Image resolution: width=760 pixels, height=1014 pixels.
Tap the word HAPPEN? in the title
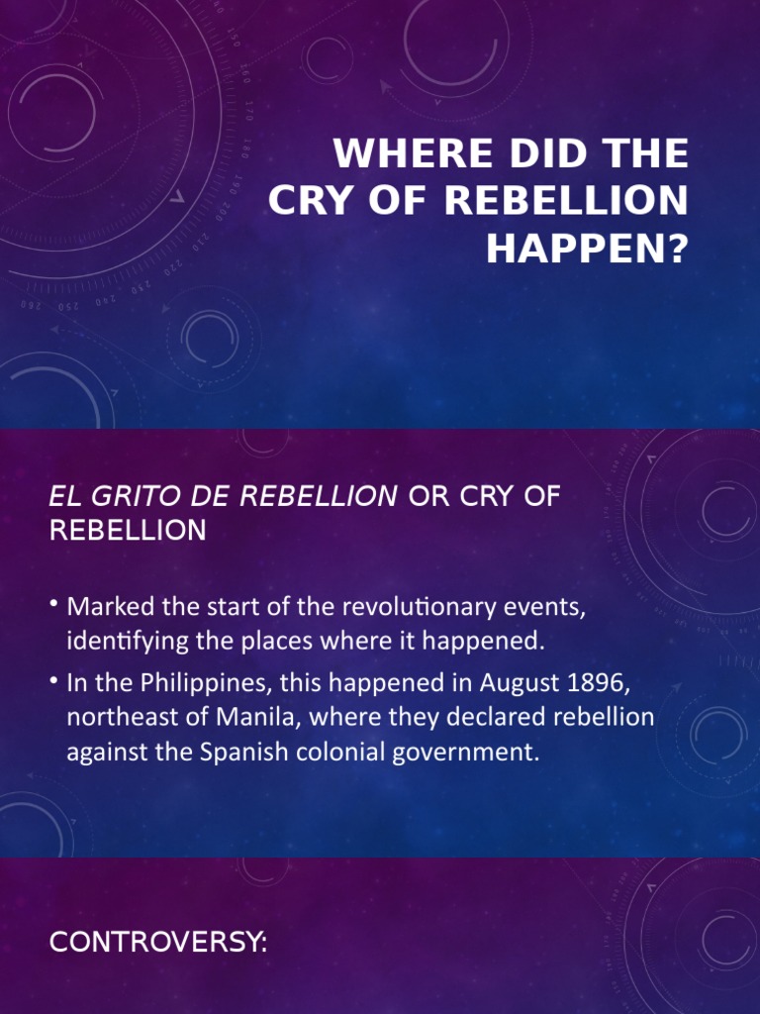point(587,250)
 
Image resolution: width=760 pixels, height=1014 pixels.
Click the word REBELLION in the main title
point(566,202)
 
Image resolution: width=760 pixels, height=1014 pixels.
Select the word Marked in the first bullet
point(106,607)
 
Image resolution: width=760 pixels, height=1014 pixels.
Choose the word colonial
point(342,752)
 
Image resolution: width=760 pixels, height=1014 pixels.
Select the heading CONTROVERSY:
point(158,943)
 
